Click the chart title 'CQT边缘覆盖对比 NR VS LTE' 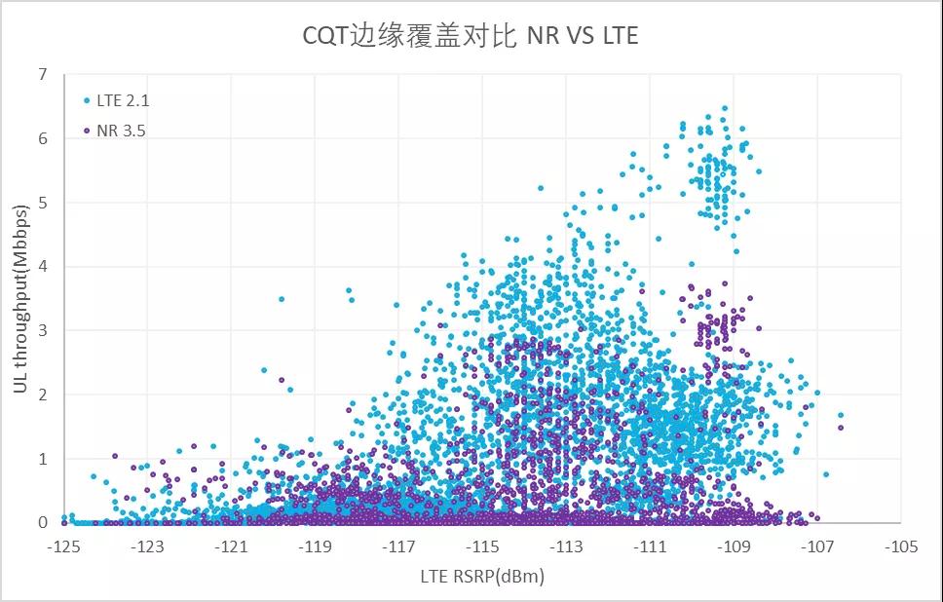[470, 36]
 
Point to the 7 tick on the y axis [44, 75]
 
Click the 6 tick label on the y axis [44, 139]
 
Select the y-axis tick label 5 [44, 203]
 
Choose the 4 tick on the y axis [44, 267]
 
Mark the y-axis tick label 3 [44, 331]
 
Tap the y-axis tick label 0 [44, 523]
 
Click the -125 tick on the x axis [64, 547]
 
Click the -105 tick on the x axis [902, 547]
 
